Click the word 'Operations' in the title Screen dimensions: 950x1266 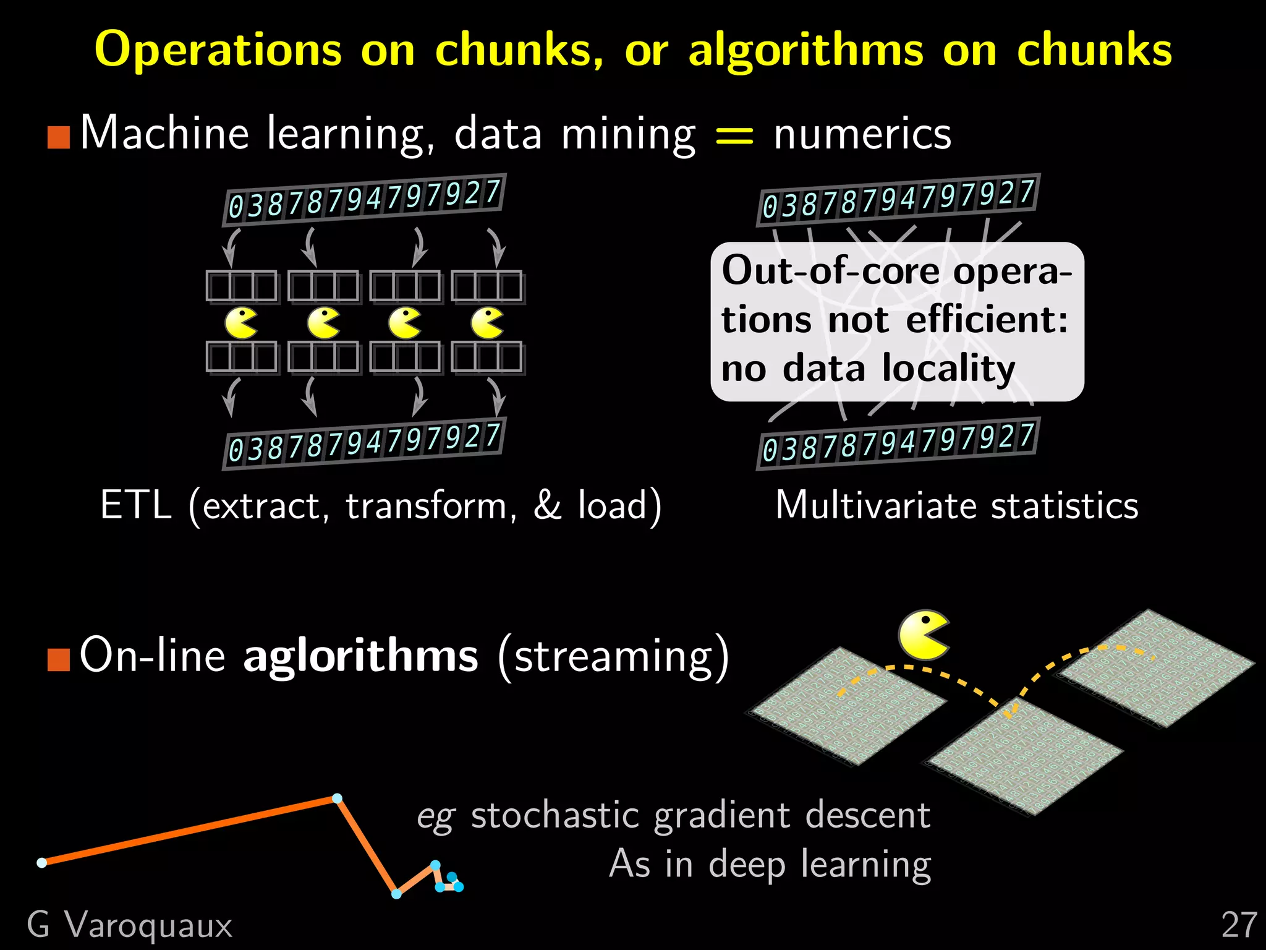pos(218,49)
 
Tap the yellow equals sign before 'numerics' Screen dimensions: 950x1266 pos(734,135)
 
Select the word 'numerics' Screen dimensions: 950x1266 pos(862,134)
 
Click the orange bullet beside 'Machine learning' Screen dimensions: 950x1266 pos(59,137)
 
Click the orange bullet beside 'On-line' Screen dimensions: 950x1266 pos(59,659)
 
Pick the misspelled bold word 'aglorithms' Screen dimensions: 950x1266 pos(360,656)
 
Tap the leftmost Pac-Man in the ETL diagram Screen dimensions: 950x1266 pos(240,323)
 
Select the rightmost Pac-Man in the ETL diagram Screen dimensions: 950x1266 pos(487,323)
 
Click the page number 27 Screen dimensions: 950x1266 pos(1239,925)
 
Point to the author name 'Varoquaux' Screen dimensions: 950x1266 pos(148,925)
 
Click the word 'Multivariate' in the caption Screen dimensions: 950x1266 pos(877,505)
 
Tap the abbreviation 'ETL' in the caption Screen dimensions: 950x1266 pos(135,505)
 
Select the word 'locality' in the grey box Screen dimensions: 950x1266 pos(948,369)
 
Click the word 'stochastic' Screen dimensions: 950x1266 pos(554,815)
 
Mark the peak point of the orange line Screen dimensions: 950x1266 pos(337,798)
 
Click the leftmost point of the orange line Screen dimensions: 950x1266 pos(42,863)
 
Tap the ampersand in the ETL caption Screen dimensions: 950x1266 pos(546,505)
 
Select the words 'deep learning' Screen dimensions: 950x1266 pos(819,864)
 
